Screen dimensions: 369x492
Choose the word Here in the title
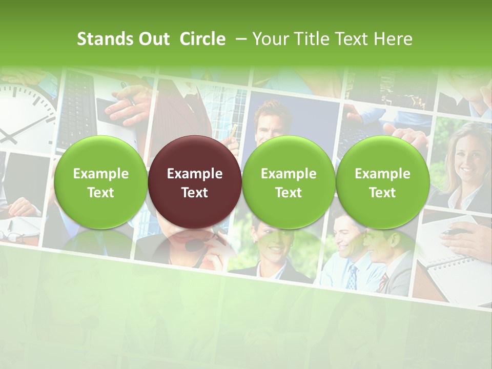393,39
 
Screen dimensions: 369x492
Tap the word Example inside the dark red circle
195,174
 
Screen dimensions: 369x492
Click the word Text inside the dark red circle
195,193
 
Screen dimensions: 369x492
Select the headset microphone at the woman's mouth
193,245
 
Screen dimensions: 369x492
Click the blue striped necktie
352,277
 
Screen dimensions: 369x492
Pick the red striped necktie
383,282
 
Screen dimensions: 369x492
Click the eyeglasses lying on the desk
12,236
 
